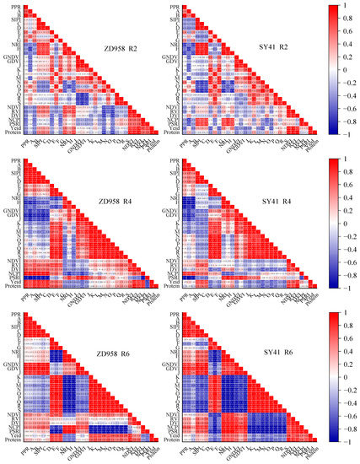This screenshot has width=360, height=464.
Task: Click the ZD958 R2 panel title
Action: [x=120, y=50]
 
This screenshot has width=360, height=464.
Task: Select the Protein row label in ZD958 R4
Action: [x=9, y=286]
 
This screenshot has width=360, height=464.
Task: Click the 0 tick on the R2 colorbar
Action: [x=339, y=70]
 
